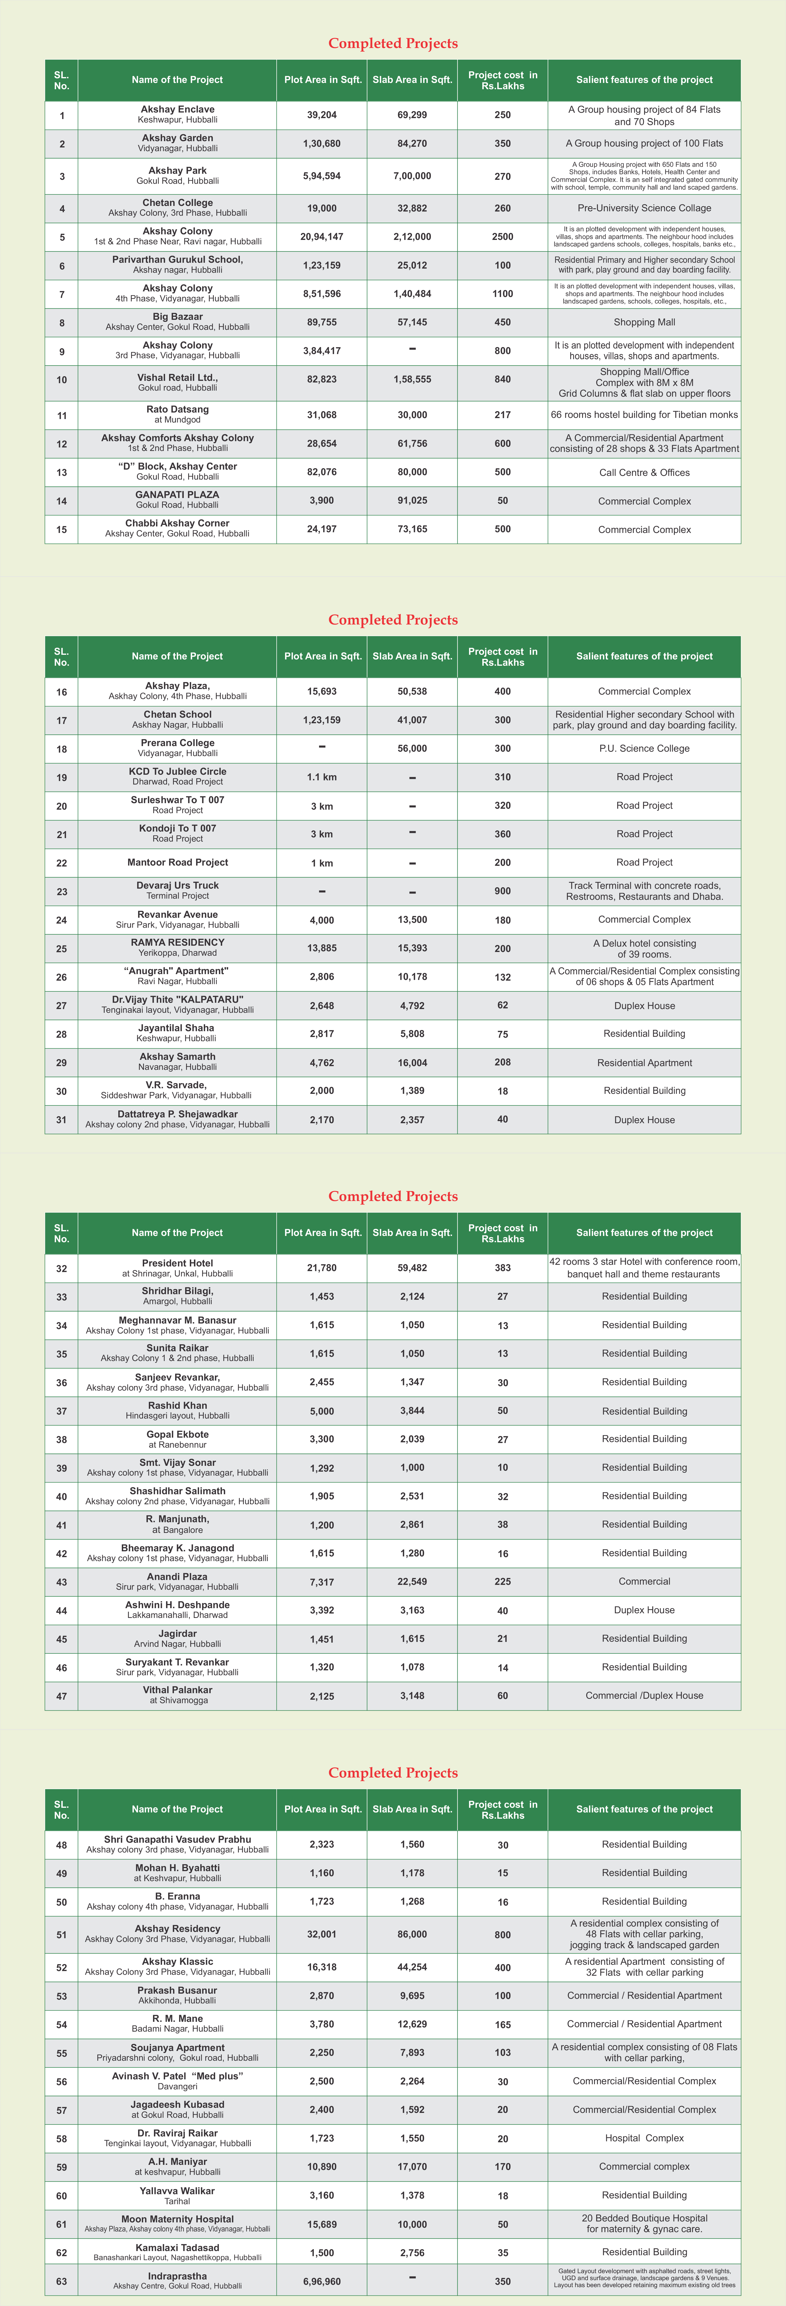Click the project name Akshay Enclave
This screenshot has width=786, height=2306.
pos(177,109)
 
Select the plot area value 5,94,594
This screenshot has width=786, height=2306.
pos(321,176)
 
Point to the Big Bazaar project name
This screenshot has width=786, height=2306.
pos(177,317)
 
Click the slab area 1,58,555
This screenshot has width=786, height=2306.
pos(412,380)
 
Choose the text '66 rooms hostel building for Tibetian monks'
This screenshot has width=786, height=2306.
pos(644,414)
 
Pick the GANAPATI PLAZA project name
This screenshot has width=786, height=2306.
pos(177,495)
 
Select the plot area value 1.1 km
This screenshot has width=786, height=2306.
pos(321,777)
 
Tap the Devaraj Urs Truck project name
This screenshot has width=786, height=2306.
pos(177,885)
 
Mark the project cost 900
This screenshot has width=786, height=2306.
pos(502,891)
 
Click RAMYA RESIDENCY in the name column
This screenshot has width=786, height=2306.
pos(177,943)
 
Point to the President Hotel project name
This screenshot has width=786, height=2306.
pos(177,1263)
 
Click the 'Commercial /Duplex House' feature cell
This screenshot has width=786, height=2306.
pos(644,1695)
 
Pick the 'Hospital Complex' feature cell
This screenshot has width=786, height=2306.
pos(644,2139)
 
